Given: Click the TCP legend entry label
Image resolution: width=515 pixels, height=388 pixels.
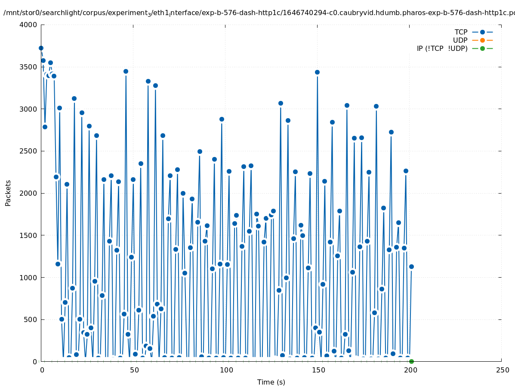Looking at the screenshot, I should click(x=461, y=32).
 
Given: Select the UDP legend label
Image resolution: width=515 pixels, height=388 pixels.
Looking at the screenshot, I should click(x=460, y=41).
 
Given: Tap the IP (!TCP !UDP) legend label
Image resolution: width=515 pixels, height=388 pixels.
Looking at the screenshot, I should click(x=442, y=49).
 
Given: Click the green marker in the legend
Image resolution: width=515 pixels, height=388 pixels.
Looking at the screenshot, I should click(x=482, y=49).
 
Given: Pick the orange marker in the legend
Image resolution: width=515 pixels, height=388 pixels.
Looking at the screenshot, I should click(x=482, y=41).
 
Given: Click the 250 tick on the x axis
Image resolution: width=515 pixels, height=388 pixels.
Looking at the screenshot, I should click(x=502, y=370).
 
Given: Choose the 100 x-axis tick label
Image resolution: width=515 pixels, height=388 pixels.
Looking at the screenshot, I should click(x=225, y=370).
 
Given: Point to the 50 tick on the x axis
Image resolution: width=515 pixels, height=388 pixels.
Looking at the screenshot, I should click(x=133, y=370).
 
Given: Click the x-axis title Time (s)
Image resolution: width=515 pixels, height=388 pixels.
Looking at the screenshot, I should click(x=271, y=382).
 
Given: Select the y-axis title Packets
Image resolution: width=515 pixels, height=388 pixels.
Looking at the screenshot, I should click(x=8, y=193).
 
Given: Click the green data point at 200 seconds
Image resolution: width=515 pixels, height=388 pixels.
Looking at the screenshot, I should click(x=411, y=361).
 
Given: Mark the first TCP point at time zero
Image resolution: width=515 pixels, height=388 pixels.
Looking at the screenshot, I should click(x=41, y=48).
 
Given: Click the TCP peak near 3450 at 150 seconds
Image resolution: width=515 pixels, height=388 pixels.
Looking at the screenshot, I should click(x=317, y=72).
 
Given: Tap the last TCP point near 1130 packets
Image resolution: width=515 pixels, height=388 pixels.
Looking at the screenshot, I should click(x=411, y=266).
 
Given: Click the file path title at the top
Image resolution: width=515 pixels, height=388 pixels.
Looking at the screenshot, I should click(x=258, y=13).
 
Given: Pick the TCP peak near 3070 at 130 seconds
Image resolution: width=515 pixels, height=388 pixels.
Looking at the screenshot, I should click(x=281, y=103).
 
